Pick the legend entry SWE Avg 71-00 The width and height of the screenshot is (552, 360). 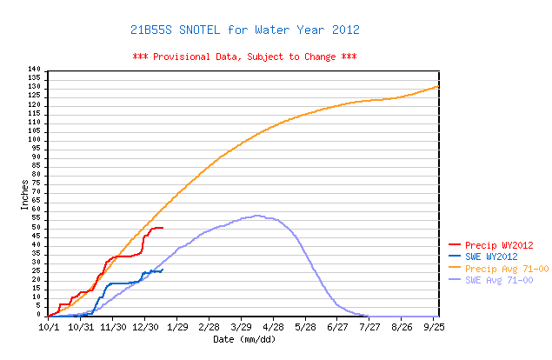coord(502,280)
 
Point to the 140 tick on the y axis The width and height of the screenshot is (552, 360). coord(35,70)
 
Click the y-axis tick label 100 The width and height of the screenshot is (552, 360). coord(35,140)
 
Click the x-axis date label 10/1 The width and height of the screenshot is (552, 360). coord(49,327)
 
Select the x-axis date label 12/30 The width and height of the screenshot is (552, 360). coord(144,327)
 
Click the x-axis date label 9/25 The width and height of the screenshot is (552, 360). coord(435,327)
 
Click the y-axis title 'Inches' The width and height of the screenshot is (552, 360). coord(23,192)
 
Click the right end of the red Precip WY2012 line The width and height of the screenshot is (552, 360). coord(163,228)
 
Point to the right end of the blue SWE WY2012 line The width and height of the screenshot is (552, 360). coord(163,270)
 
